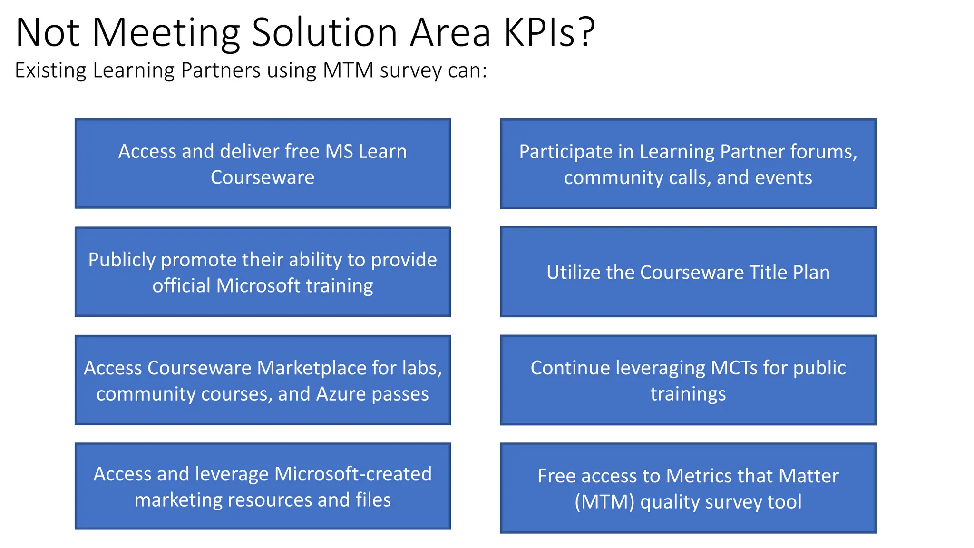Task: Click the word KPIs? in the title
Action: coord(549,32)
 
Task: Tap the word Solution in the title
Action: coord(324,32)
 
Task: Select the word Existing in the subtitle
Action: coord(50,70)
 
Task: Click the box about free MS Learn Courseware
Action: coord(263,164)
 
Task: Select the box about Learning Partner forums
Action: coord(688,164)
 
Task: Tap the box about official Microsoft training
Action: coord(263,272)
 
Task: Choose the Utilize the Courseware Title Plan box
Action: coord(688,272)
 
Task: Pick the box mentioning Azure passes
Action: coord(263,380)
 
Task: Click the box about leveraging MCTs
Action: coord(688,380)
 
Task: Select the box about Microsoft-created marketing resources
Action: coord(263,486)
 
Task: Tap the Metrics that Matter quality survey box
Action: coord(688,488)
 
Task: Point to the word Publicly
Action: coord(122,260)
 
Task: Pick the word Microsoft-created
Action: coord(353,474)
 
